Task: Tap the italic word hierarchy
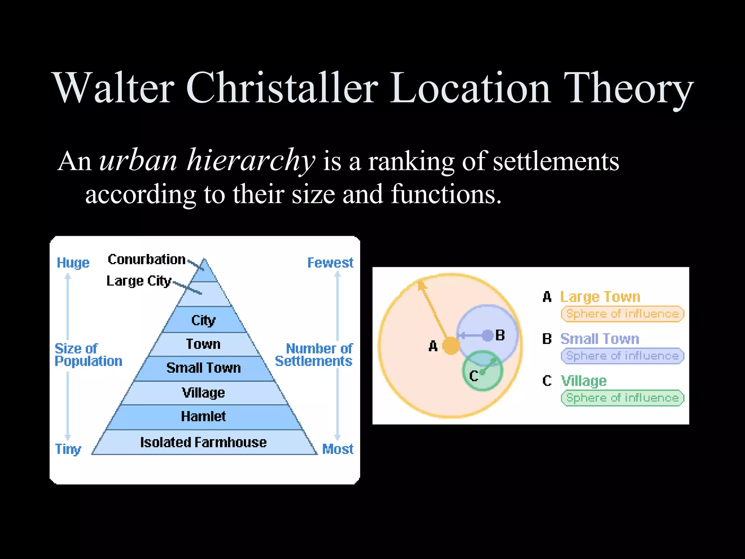(251, 160)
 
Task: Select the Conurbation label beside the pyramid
(147, 259)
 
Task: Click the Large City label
(139, 281)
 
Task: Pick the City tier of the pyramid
(203, 320)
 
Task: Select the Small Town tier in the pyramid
(203, 368)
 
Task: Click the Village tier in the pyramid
(203, 393)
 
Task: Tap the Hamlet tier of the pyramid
(203, 416)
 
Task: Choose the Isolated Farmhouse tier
(203, 443)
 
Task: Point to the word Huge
(73, 263)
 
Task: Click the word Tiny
(68, 449)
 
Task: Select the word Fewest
(330, 263)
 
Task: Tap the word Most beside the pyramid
(338, 449)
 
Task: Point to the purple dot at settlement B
(487, 335)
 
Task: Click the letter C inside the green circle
(474, 376)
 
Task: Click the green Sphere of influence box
(622, 398)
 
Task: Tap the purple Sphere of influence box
(622, 356)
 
